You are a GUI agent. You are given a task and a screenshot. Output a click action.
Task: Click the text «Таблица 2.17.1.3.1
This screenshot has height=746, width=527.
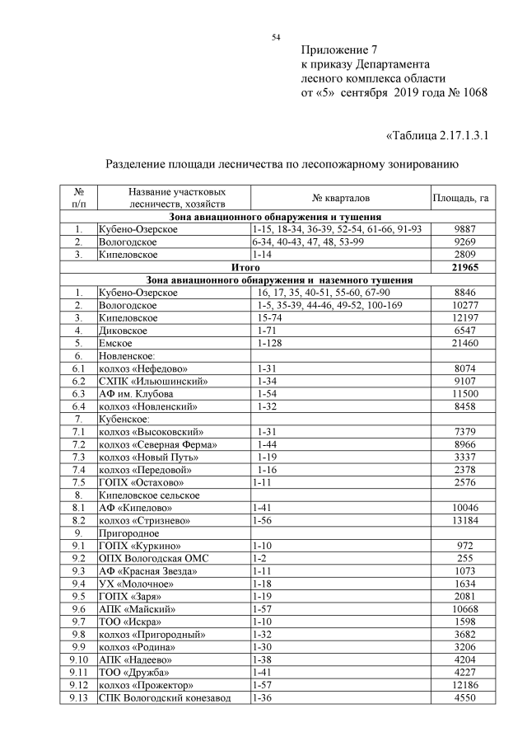437,135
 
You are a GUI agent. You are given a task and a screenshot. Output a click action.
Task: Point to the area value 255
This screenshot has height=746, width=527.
465,558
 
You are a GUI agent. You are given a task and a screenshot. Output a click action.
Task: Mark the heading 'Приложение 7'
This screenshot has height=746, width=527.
338,49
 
